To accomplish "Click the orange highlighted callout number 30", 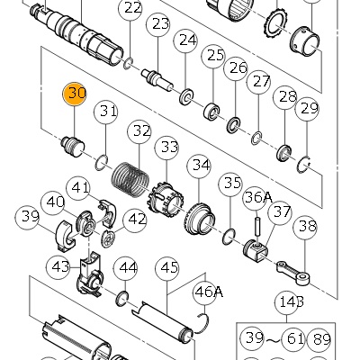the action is pos(74,94).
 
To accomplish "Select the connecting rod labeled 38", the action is pos(293,273).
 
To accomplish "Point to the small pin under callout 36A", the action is pos(258,224).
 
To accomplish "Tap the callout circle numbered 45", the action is pos(167,268).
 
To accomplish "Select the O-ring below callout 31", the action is pos(102,162).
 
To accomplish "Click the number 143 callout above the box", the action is pos(287,302).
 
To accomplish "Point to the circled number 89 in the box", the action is pos(320,339).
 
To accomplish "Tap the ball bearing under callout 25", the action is pos(212,112).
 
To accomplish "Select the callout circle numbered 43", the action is pos(58,266).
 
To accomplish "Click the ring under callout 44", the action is pos(122,299).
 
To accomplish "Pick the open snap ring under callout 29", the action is pos(304,166).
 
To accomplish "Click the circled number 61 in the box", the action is pos(293,339).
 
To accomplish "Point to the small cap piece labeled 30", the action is pos(73,147).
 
